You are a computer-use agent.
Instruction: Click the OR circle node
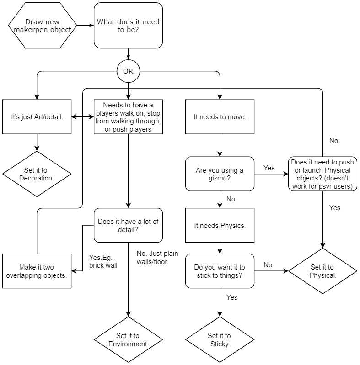point(128,71)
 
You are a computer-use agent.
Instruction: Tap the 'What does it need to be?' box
point(128,26)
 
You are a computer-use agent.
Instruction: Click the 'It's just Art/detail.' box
point(37,117)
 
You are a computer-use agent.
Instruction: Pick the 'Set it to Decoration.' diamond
point(37,174)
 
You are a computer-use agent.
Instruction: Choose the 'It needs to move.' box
point(220,117)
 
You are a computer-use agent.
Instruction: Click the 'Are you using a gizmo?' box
point(220,174)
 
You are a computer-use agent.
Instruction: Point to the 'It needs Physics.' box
point(220,225)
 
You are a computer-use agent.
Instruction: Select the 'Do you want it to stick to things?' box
point(220,271)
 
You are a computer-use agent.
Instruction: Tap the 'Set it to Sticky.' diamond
point(220,339)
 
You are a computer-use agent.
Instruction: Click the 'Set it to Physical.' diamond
point(322,271)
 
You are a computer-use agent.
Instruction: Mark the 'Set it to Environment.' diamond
point(128,339)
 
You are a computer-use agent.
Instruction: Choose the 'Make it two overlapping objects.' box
point(37,271)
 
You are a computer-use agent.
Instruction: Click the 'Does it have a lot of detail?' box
point(128,225)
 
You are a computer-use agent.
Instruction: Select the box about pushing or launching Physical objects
point(322,174)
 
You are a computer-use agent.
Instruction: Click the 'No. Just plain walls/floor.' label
point(157,258)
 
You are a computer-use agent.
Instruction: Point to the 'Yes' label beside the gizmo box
point(269,168)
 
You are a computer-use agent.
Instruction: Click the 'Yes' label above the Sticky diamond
point(232,297)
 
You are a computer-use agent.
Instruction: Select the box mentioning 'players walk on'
point(128,117)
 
